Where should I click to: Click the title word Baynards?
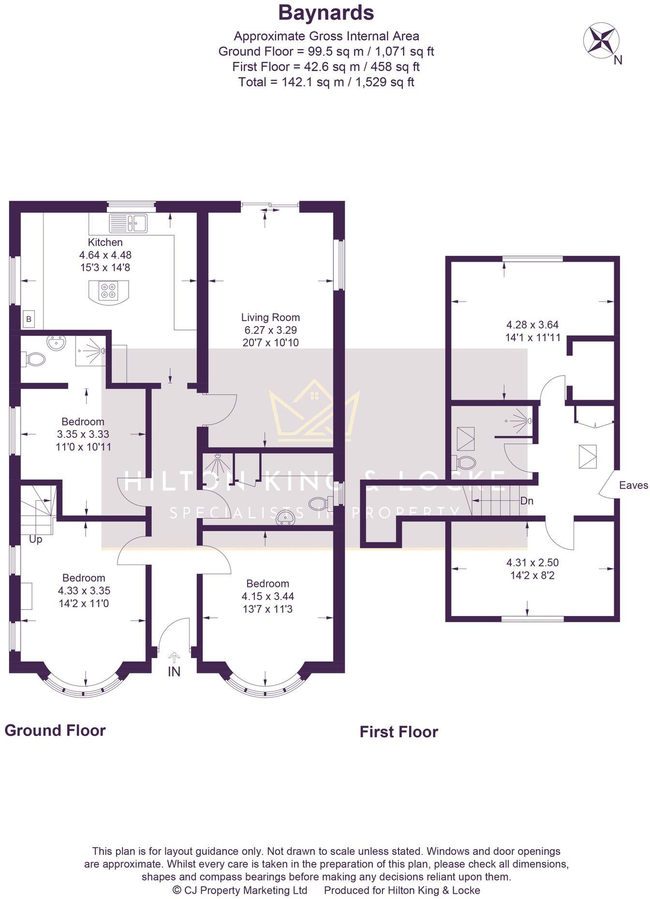[326, 13]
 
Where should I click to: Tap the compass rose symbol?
[601, 40]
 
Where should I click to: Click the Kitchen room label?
[105, 242]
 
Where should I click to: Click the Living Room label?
[270, 317]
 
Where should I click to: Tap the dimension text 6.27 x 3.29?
[270, 330]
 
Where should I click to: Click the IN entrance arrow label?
[174, 672]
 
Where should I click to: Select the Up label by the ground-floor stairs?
[36, 539]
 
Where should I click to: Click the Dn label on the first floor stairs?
[527, 501]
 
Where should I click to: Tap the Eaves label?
[633, 485]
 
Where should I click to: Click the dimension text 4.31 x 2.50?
[532, 562]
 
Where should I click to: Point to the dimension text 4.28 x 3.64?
[532, 325]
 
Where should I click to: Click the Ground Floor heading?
[55, 730]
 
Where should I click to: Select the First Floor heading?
[399, 732]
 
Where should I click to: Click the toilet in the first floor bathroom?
[465, 463]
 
